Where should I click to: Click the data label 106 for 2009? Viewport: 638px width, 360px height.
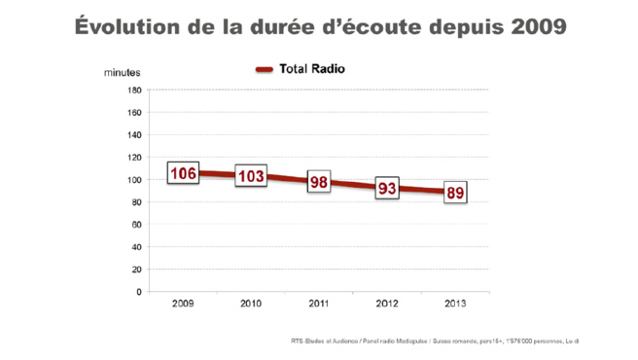click(x=184, y=173)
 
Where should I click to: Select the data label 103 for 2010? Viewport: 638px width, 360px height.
click(x=251, y=176)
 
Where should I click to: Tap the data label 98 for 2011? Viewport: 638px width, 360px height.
click(x=319, y=182)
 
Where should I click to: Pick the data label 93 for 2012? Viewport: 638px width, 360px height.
click(x=387, y=189)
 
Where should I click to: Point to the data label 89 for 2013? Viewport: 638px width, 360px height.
click(x=455, y=193)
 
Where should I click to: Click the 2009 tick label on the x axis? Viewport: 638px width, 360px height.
click(x=183, y=304)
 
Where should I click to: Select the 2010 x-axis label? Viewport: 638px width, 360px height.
click(x=251, y=304)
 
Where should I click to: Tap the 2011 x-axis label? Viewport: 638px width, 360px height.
click(x=319, y=304)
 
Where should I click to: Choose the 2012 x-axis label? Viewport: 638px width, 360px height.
click(x=387, y=304)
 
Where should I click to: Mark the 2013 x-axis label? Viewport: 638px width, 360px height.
click(x=455, y=304)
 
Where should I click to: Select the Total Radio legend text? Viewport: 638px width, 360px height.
click(x=311, y=69)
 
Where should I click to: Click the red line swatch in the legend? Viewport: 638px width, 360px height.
click(x=264, y=70)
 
